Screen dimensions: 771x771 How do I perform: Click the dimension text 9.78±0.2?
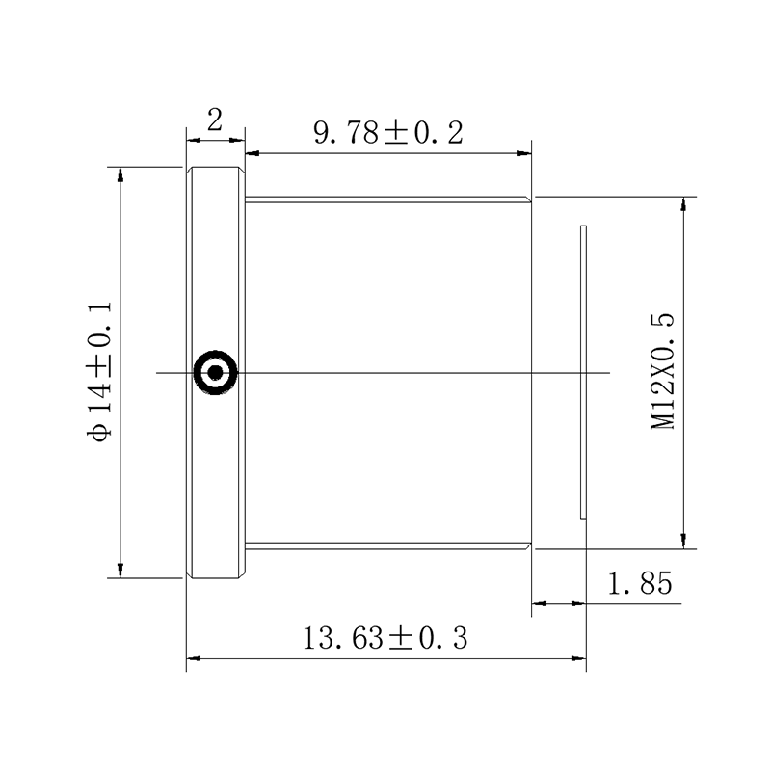[388, 133]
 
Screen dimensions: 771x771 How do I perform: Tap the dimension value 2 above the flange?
[215, 120]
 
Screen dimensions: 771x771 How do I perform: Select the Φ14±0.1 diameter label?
[99, 372]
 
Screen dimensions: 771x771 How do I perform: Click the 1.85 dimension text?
[640, 584]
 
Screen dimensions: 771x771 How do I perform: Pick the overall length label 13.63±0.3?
[385, 638]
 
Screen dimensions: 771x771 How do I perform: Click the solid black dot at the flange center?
[215, 373]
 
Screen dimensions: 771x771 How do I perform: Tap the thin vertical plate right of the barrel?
[584, 372]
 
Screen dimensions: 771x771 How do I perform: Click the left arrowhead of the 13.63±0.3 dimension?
[194, 658]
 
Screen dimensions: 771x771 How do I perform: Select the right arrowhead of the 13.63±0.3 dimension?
[579, 658]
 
